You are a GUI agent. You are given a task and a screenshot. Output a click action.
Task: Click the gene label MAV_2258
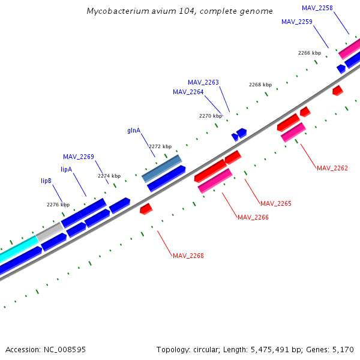click(317, 8)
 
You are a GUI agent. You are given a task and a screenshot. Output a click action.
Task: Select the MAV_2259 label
click(296, 22)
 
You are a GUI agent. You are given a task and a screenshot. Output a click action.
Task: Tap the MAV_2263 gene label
click(203, 82)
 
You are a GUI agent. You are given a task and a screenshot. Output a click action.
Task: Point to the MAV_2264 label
click(188, 92)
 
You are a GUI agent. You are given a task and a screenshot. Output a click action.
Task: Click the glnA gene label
click(134, 130)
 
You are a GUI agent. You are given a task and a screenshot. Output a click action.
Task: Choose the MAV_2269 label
click(78, 157)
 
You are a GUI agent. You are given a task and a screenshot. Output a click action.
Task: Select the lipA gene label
click(66, 169)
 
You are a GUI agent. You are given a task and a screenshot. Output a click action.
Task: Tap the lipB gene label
click(46, 180)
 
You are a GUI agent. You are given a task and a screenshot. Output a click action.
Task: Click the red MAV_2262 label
click(332, 168)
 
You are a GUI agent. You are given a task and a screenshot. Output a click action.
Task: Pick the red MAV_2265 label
click(275, 204)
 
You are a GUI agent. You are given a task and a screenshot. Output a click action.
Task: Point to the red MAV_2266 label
click(253, 217)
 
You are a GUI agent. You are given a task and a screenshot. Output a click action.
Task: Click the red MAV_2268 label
click(188, 256)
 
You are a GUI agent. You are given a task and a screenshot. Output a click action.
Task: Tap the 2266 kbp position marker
click(309, 53)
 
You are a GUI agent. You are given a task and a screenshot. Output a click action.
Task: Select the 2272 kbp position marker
click(160, 146)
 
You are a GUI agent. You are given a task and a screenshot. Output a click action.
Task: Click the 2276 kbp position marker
click(58, 205)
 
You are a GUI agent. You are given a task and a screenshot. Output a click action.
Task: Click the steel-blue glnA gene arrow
click(161, 169)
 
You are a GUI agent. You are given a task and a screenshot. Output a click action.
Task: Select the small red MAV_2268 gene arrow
click(146, 209)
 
